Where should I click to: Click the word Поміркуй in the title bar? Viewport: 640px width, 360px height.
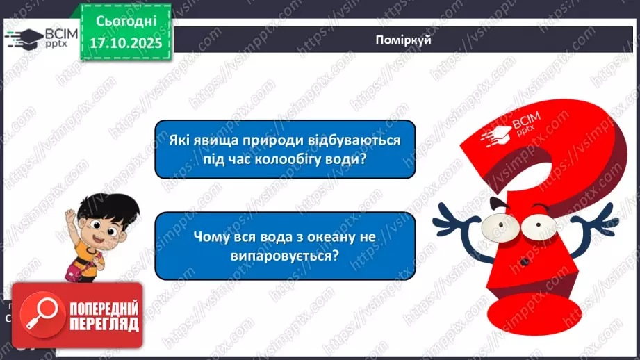coord(402,40)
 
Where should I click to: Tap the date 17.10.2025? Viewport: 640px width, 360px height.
coord(122,42)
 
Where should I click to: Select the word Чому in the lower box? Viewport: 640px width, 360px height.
coord(209,236)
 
